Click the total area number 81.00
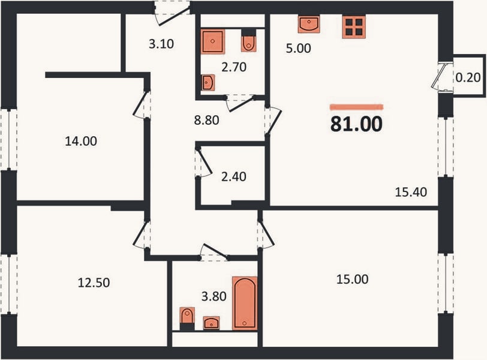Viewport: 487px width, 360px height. click(x=356, y=124)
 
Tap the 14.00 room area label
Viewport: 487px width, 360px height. click(x=81, y=142)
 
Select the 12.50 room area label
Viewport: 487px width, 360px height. click(x=94, y=283)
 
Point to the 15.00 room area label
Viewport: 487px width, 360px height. click(x=353, y=279)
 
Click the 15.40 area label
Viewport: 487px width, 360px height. click(x=411, y=192)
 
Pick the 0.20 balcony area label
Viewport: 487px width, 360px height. click(x=468, y=77)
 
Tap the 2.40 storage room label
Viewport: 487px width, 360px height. click(x=233, y=176)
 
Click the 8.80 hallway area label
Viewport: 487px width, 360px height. click(x=206, y=120)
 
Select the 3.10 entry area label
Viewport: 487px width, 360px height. click(x=161, y=44)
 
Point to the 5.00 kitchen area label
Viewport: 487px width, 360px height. click(x=299, y=49)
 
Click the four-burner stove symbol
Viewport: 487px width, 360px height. click(x=354, y=27)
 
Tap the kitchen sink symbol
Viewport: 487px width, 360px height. click(x=308, y=24)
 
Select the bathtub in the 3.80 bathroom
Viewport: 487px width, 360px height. click(x=245, y=303)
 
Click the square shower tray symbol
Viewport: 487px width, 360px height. click(x=212, y=41)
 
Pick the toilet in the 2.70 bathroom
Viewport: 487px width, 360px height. click(x=248, y=41)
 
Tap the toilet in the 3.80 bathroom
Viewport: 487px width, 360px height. click(x=187, y=319)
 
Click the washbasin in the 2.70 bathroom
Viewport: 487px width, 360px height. click(x=208, y=83)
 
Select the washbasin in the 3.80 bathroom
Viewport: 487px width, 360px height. click(x=211, y=323)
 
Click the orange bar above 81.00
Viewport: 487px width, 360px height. click(x=356, y=107)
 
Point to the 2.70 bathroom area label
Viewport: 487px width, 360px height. click(x=233, y=67)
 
